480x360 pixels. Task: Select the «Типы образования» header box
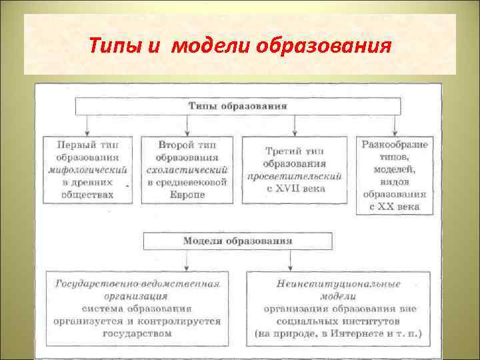pos(238,106)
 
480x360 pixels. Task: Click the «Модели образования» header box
pos(238,241)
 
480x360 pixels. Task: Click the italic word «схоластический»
pos(187,169)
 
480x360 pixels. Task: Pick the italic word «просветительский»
pos(294,176)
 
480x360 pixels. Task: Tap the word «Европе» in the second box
pos(187,194)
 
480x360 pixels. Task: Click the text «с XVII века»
pos(294,189)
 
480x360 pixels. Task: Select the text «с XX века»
pos(395,206)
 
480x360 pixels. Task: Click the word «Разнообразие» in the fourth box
pos(395,144)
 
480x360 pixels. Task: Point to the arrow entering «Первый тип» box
pos(87,130)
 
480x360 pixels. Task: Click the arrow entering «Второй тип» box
pos(187,130)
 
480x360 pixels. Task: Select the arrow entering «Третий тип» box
pos(294,130)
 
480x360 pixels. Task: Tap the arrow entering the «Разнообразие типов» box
pos(395,130)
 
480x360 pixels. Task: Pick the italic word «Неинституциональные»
pos(338,284)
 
